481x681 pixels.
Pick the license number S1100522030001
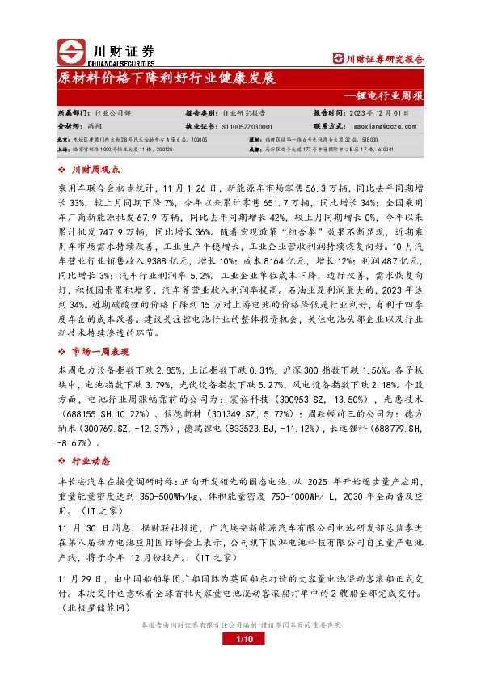point(246,126)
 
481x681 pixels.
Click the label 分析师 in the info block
point(70,126)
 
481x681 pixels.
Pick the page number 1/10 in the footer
point(239,662)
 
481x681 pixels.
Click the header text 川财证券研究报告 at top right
point(384,58)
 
